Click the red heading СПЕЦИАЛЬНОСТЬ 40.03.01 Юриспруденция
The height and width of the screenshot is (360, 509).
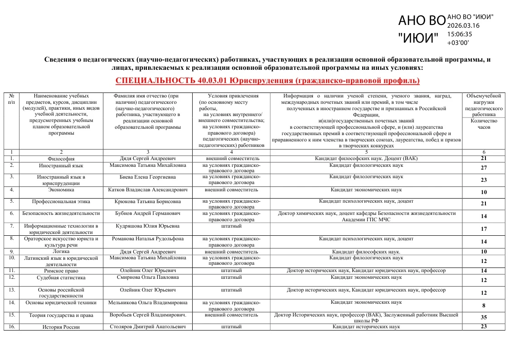tap(267, 81)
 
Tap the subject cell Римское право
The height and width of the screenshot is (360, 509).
tap(61, 271)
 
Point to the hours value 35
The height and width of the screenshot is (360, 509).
tap(484, 317)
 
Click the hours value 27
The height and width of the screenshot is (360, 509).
tap(484, 168)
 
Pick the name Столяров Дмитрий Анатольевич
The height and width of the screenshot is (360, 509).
tap(148, 327)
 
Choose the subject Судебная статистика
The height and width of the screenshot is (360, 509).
tap(61, 277)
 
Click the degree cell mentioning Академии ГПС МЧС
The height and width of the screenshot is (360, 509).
tap(366, 216)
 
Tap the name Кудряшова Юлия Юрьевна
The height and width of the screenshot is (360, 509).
tap(147, 226)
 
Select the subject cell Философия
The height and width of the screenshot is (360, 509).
tap(61, 159)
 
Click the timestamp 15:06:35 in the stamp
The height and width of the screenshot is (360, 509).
tap(460, 34)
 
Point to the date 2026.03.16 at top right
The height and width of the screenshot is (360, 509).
tap(463, 25)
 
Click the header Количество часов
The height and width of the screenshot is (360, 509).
tap(484, 124)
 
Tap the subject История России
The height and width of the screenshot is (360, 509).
tap(61, 327)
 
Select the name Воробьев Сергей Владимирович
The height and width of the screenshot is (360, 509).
tap(148, 315)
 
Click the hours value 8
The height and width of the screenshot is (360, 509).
tap(484, 306)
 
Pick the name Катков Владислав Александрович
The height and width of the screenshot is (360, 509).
tap(148, 190)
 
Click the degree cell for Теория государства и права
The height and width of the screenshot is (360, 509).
tap(366, 317)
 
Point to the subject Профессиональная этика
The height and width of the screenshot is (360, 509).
tap(61, 201)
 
